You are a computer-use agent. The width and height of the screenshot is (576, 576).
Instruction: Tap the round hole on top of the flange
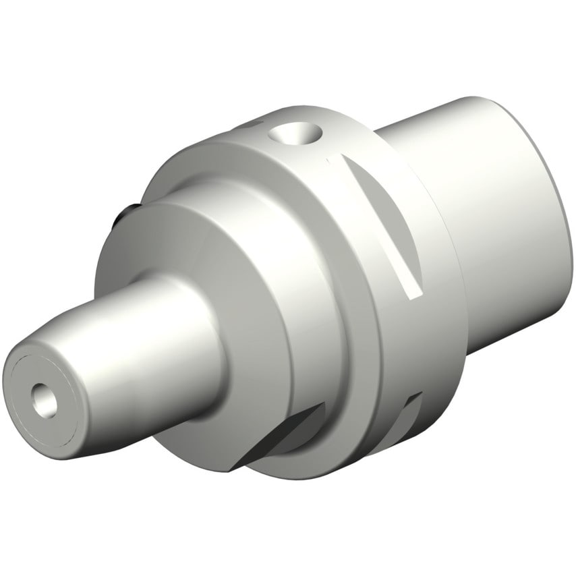pyautogui.click(x=293, y=135)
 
